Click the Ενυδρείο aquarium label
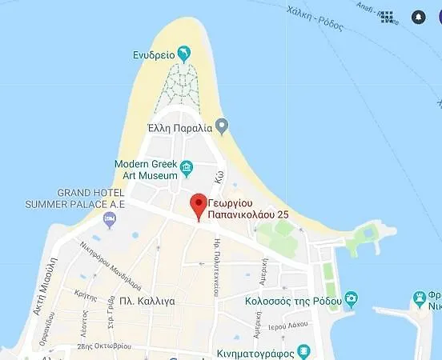[154, 55]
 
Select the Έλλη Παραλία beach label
[180, 126]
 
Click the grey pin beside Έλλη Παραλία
[223, 126]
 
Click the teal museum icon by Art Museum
[187, 167]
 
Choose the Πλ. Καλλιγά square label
[145, 301]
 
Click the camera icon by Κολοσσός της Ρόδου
[351, 298]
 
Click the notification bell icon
[418, 17]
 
